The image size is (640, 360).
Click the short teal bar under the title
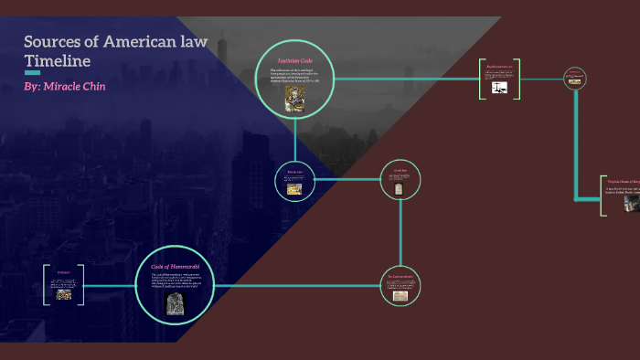point(32,72)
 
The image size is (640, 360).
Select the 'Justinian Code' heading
point(295,61)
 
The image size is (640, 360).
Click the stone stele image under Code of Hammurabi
point(175,304)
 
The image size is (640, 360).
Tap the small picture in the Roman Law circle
point(295,189)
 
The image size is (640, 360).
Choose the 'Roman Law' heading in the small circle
point(294,172)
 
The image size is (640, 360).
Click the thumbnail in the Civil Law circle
point(400,187)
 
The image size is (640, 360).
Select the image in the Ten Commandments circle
point(400,296)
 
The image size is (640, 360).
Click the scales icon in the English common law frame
point(499,88)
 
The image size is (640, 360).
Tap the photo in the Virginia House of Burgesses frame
point(631,203)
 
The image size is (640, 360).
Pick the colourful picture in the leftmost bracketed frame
point(64,294)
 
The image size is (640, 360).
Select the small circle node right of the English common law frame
point(574,79)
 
